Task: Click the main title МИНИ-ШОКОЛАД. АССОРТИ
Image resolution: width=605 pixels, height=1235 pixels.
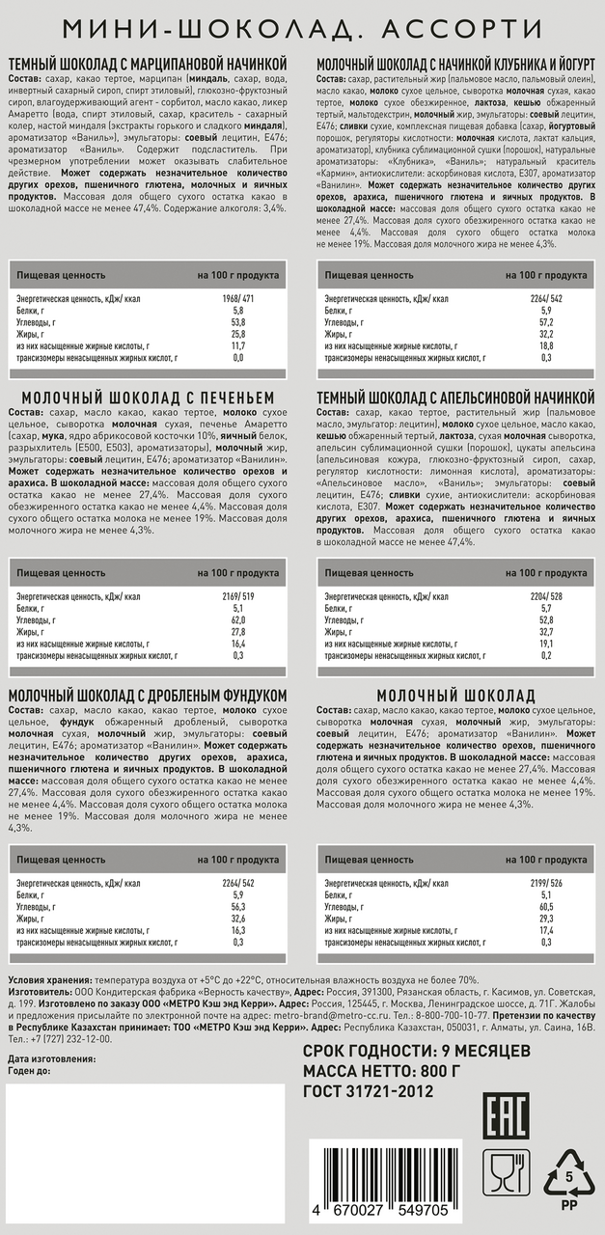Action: pos(302,28)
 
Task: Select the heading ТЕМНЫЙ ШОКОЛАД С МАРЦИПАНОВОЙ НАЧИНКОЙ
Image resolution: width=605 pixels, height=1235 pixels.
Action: pos(148,64)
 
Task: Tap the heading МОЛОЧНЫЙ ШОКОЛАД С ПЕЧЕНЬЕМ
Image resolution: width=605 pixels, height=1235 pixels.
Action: pos(148,398)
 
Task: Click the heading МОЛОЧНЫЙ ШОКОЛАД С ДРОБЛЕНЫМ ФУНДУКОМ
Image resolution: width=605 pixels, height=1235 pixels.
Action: pos(148,696)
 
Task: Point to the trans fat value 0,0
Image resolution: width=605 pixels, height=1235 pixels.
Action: pos(237,357)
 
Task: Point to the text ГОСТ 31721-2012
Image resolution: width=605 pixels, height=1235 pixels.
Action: pos(368,1091)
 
